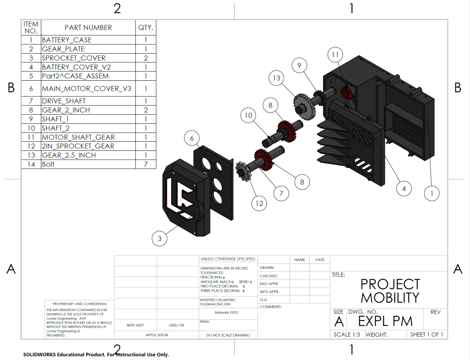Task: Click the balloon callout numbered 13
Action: pos(276,78)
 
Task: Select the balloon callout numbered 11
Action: pos(335,55)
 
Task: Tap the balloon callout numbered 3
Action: pos(159,238)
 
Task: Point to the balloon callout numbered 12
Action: pos(260,203)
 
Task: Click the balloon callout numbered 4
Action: pos(403,188)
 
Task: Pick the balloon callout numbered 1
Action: pos(431,194)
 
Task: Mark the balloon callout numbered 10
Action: pos(248,116)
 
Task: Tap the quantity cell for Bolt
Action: pos(145,164)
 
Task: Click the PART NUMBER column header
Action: pos(88,28)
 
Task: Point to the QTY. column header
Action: pos(145,28)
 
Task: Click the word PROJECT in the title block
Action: pos(390,284)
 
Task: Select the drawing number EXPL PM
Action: pos(385,321)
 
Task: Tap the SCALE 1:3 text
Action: pos(347,334)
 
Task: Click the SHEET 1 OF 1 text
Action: pos(426,334)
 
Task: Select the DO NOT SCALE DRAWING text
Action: pos(228,335)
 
